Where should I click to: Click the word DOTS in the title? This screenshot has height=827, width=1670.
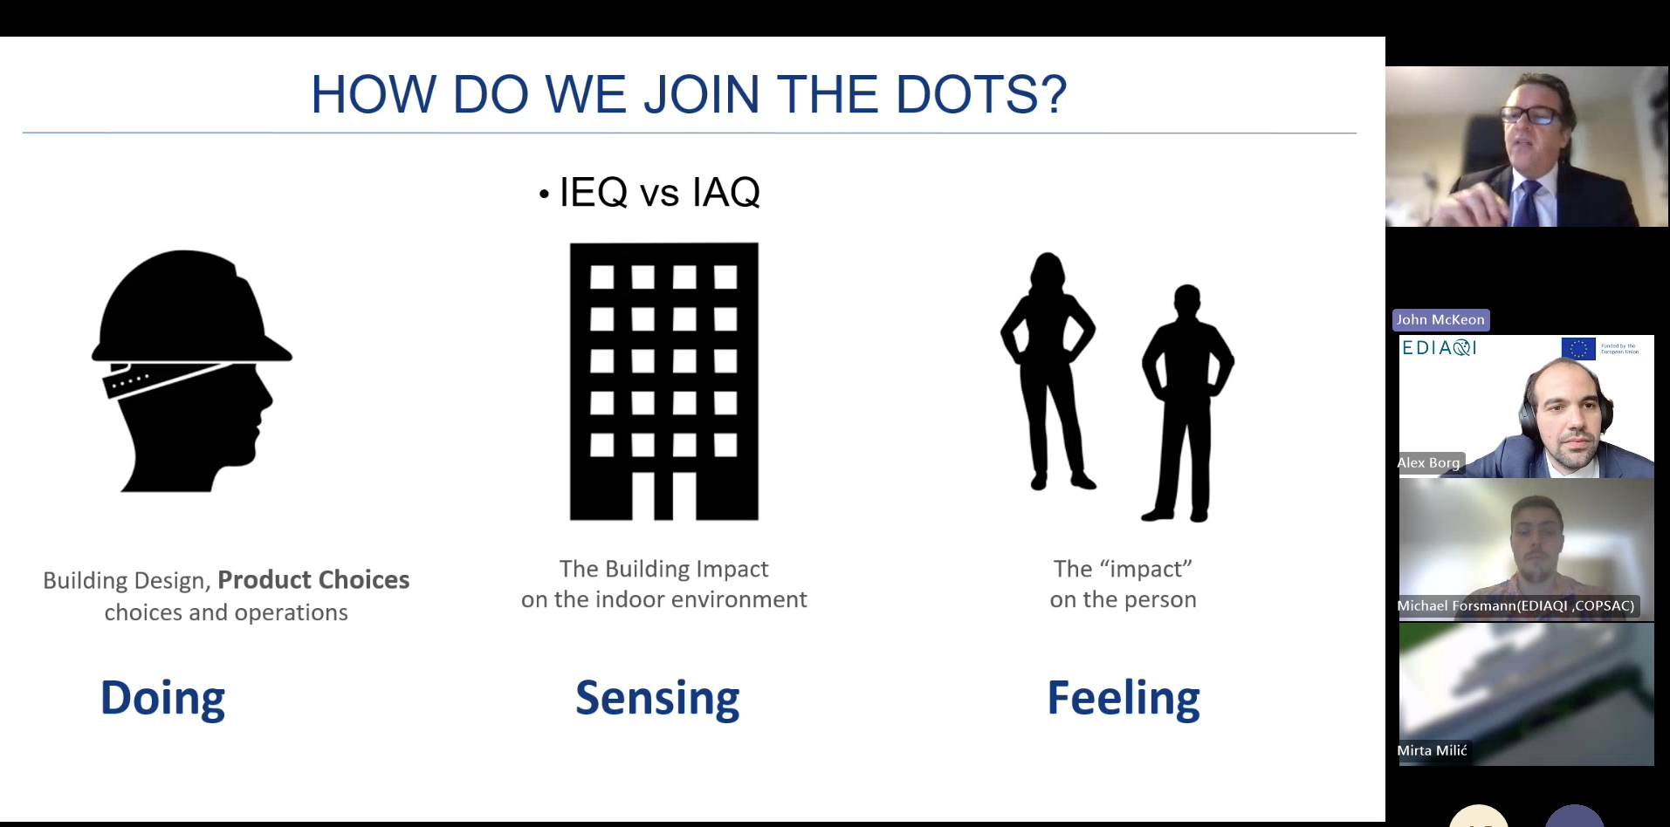click(x=980, y=94)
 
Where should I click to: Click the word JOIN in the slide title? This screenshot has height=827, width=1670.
click(x=701, y=94)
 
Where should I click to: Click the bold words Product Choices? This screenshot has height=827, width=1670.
click(x=313, y=580)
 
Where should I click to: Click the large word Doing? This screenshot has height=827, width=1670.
click(x=162, y=699)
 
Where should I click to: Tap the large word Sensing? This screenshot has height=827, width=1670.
click(x=656, y=699)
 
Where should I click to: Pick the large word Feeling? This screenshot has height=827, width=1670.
click(x=1123, y=699)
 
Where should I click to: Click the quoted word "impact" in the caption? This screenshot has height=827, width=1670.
click(x=1145, y=569)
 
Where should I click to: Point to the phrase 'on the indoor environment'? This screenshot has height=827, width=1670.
click(x=663, y=600)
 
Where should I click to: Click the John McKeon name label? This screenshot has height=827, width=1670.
click(x=1440, y=320)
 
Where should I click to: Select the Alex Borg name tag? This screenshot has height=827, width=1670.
click(x=1428, y=463)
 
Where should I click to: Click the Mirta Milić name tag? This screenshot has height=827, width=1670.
click(x=1432, y=750)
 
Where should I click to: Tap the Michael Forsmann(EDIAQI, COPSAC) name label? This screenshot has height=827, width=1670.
click(x=1515, y=605)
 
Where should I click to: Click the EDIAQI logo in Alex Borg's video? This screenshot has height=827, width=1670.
click(x=1439, y=348)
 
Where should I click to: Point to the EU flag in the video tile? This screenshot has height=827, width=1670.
click(x=1577, y=349)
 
